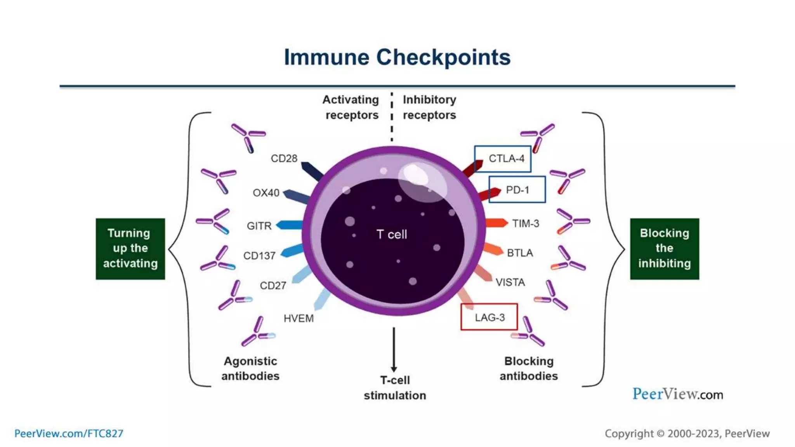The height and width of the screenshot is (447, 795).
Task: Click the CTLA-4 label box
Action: (x=502, y=159)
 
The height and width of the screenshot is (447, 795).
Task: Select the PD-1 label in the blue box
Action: (x=517, y=190)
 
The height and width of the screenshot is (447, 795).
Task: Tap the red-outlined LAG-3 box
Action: (x=489, y=317)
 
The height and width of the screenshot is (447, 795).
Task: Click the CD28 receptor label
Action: (x=284, y=159)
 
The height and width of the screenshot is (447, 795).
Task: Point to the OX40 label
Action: (x=266, y=193)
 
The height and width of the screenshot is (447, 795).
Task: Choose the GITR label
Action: (x=259, y=226)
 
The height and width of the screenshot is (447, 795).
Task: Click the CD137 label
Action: (x=259, y=256)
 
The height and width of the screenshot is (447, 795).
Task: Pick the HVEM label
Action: (x=299, y=319)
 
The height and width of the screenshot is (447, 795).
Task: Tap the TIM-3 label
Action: (x=525, y=223)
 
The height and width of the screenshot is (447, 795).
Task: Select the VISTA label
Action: (x=510, y=282)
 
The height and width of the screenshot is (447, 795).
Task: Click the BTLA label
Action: (x=520, y=253)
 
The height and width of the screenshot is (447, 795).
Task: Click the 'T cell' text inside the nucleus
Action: (x=392, y=234)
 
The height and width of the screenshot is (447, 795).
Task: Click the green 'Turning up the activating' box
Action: (x=130, y=249)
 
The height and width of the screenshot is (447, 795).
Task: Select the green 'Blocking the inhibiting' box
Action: (x=664, y=249)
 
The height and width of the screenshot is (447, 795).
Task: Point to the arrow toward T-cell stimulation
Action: (x=394, y=349)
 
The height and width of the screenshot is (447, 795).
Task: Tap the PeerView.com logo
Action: (x=677, y=394)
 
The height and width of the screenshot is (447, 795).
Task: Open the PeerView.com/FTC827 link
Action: (x=69, y=433)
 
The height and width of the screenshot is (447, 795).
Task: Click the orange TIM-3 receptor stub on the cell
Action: (x=496, y=223)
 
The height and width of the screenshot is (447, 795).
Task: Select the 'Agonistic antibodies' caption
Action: (x=250, y=369)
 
